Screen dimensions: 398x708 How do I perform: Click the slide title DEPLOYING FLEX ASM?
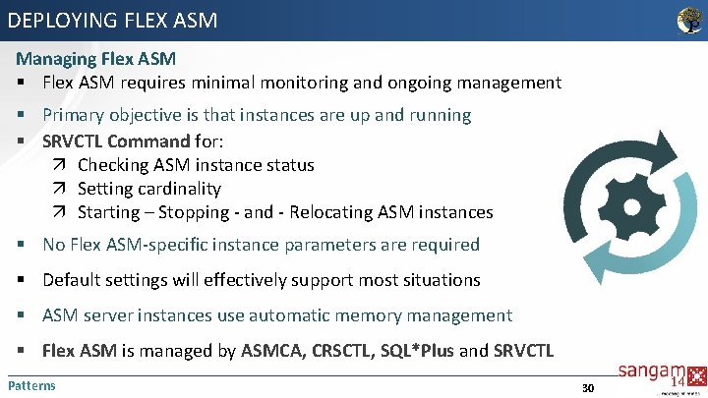click(112, 19)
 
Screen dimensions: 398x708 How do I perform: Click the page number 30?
click(588, 387)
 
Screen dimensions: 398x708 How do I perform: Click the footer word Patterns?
click(31, 385)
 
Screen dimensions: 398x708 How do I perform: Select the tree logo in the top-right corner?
click(690, 19)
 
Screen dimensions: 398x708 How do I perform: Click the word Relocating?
click(330, 212)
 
